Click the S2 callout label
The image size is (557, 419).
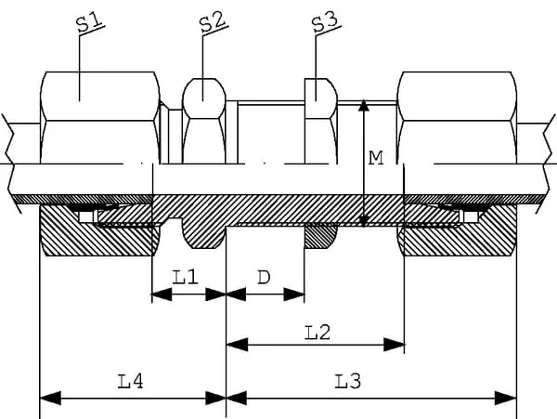click(x=213, y=24)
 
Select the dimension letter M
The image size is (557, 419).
click(x=376, y=158)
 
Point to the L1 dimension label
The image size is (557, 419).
click(x=186, y=277)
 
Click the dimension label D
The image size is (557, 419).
click(x=264, y=277)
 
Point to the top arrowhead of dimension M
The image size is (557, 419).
click(x=364, y=106)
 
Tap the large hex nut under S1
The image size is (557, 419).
click(x=97, y=116)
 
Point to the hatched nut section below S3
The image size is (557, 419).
click(x=319, y=237)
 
